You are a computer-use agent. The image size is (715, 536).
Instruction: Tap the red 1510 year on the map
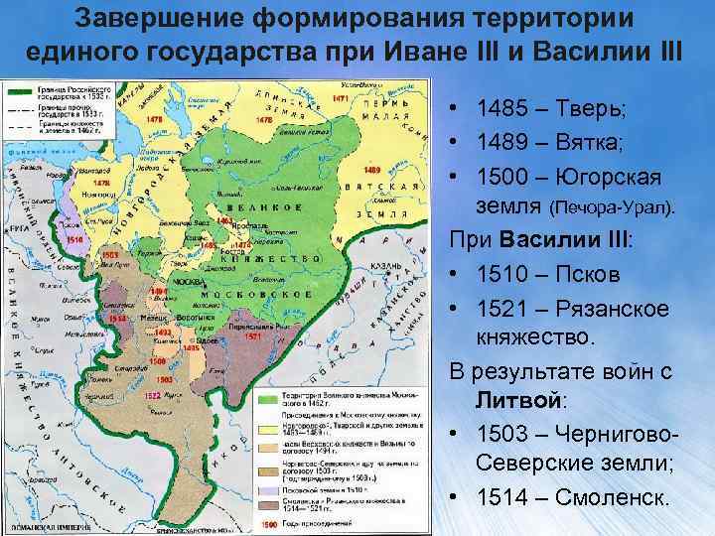tap(75, 239)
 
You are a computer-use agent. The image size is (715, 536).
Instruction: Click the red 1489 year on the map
tap(372, 170)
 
